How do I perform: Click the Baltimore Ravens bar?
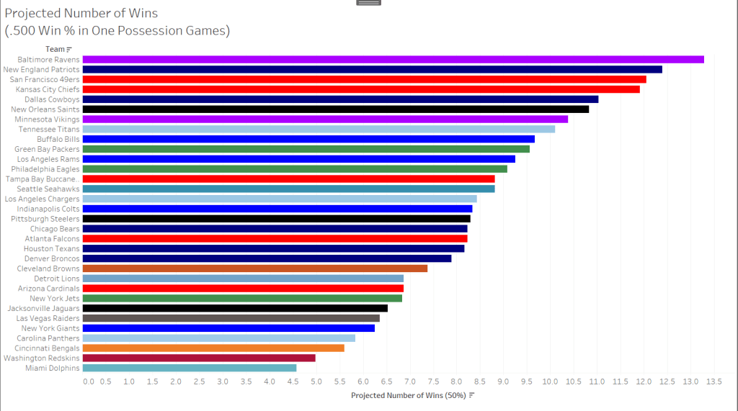[x=393, y=59]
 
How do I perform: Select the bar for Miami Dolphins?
[x=190, y=368]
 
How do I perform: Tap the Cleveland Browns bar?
[x=255, y=268]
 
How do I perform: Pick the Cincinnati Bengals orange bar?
[x=213, y=348]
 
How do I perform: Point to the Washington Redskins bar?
[x=199, y=358]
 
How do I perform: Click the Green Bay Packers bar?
[x=306, y=149]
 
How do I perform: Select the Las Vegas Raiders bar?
[x=231, y=318]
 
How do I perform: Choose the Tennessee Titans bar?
[x=319, y=129]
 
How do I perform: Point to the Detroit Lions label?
[x=57, y=279]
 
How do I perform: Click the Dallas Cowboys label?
[x=52, y=99]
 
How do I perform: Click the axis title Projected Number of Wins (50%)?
[x=409, y=395]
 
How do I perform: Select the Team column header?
[x=55, y=49]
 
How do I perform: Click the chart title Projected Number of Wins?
[x=81, y=14]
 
